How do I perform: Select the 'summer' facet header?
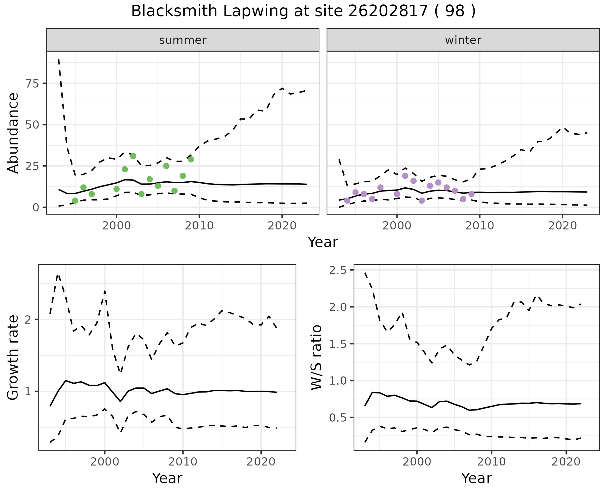pos(183,40)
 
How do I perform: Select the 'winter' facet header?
pos(463,40)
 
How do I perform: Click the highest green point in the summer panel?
pos(133,156)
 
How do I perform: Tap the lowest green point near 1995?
pos(75,201)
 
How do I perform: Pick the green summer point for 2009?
pos(191,159)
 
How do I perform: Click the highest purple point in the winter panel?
pos(405,176)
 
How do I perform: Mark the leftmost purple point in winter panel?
pos(347,201)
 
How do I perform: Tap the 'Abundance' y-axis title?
pos(13,133)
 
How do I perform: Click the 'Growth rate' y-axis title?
pos(13,358)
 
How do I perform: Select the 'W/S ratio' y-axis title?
pos(316,357)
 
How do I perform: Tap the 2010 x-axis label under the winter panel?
pos(480,226)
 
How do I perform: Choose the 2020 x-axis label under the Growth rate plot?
pos(261,462)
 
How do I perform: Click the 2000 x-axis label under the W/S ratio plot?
pos(417,462)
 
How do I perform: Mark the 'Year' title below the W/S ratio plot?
pos(476,478)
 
